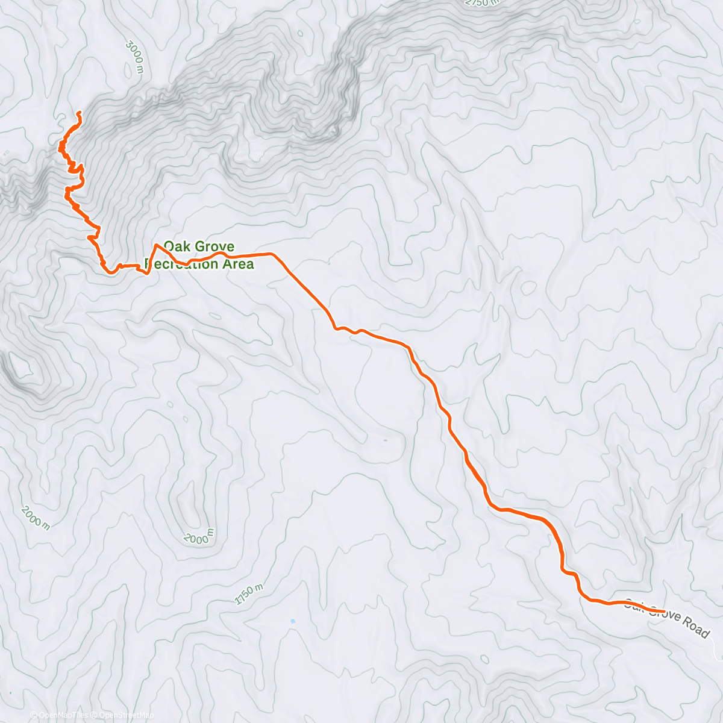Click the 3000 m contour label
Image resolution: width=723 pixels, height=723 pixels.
(x=136, y=56)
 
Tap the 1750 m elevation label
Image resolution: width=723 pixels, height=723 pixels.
(x=249, y=594)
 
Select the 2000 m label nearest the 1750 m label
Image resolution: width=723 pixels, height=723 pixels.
(x=198, y=536)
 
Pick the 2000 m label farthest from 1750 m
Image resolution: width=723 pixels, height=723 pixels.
(x=36, y=518)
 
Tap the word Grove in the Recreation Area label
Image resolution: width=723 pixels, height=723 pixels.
(x=214, y=246)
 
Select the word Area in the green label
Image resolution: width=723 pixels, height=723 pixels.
(x=238, y=264)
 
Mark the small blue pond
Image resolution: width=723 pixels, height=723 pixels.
(x=293, y=621)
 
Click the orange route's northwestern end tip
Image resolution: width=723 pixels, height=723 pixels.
(x=79, y=113)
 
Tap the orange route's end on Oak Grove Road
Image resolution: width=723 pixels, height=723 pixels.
(x=663, y=612)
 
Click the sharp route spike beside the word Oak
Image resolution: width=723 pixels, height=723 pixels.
(x=157, y=245)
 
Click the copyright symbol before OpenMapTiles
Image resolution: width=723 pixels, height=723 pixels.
(x=34, y=715)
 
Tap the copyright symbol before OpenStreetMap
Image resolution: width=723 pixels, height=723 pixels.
(x=95, y=715)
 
